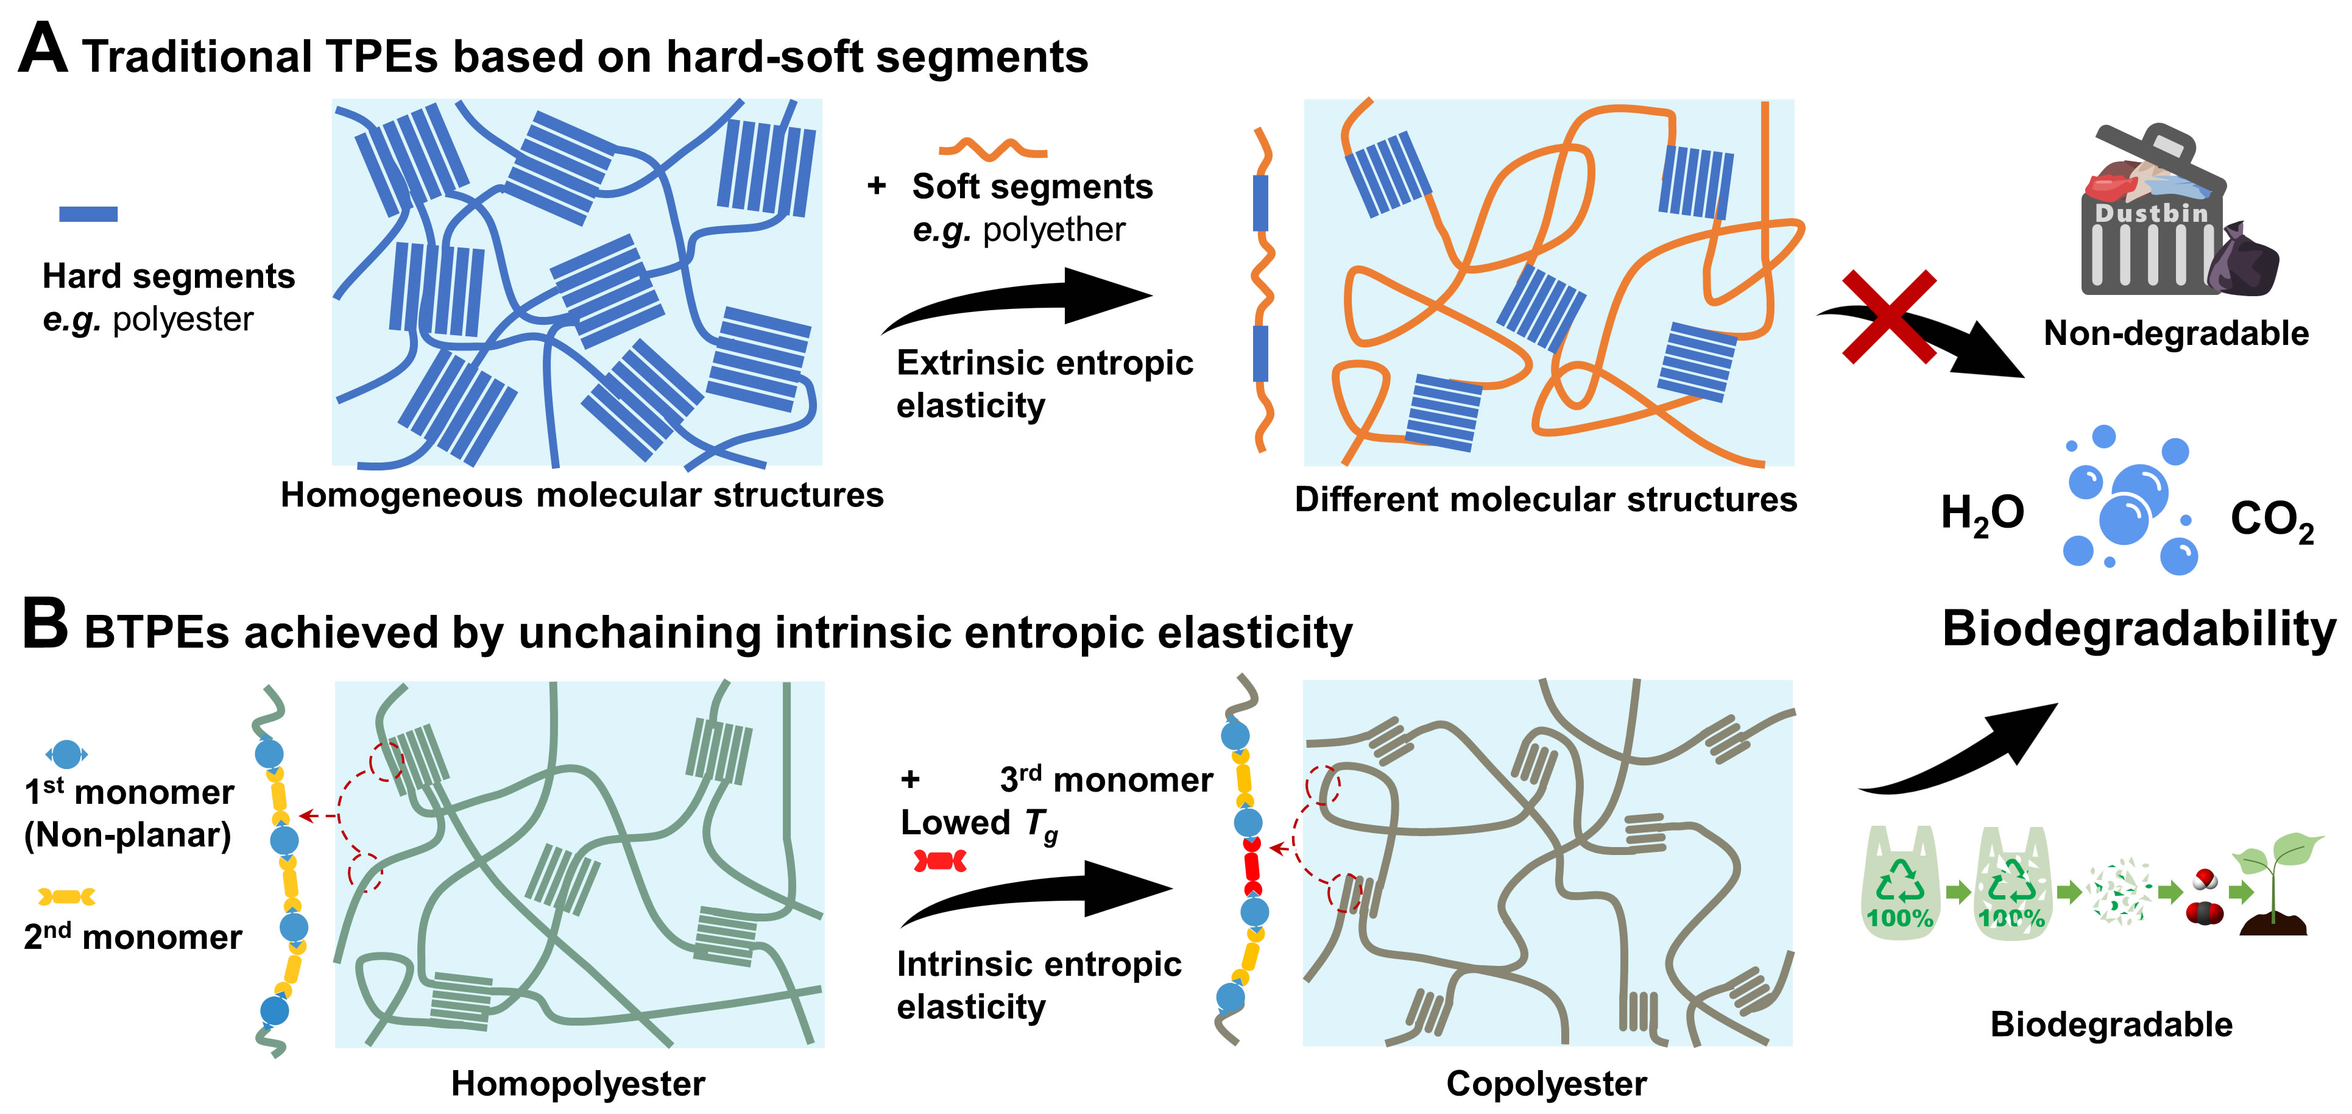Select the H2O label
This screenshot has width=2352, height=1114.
pyautogui.click(x=1981, y=514)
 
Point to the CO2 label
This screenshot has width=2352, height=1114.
pyautogui.click(x=2271, y=520)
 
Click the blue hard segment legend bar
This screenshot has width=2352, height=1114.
pyautogui.click(x=88, y=214)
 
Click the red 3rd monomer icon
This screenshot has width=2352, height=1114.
pyautogui.click(x=939, y=860)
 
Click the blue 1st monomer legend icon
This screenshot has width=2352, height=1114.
pyautogui.click(x=66, y=754)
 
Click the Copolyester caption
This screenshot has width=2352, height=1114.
pyautogui.click(x=1546, y=1084)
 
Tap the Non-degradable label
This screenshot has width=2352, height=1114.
pyautogui.click(x=2175, y=333)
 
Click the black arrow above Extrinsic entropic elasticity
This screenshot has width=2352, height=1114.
pyautogui.click(x=1018, y=297)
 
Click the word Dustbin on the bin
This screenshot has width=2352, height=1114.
pyautogui.click(x=2150, y=214)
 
